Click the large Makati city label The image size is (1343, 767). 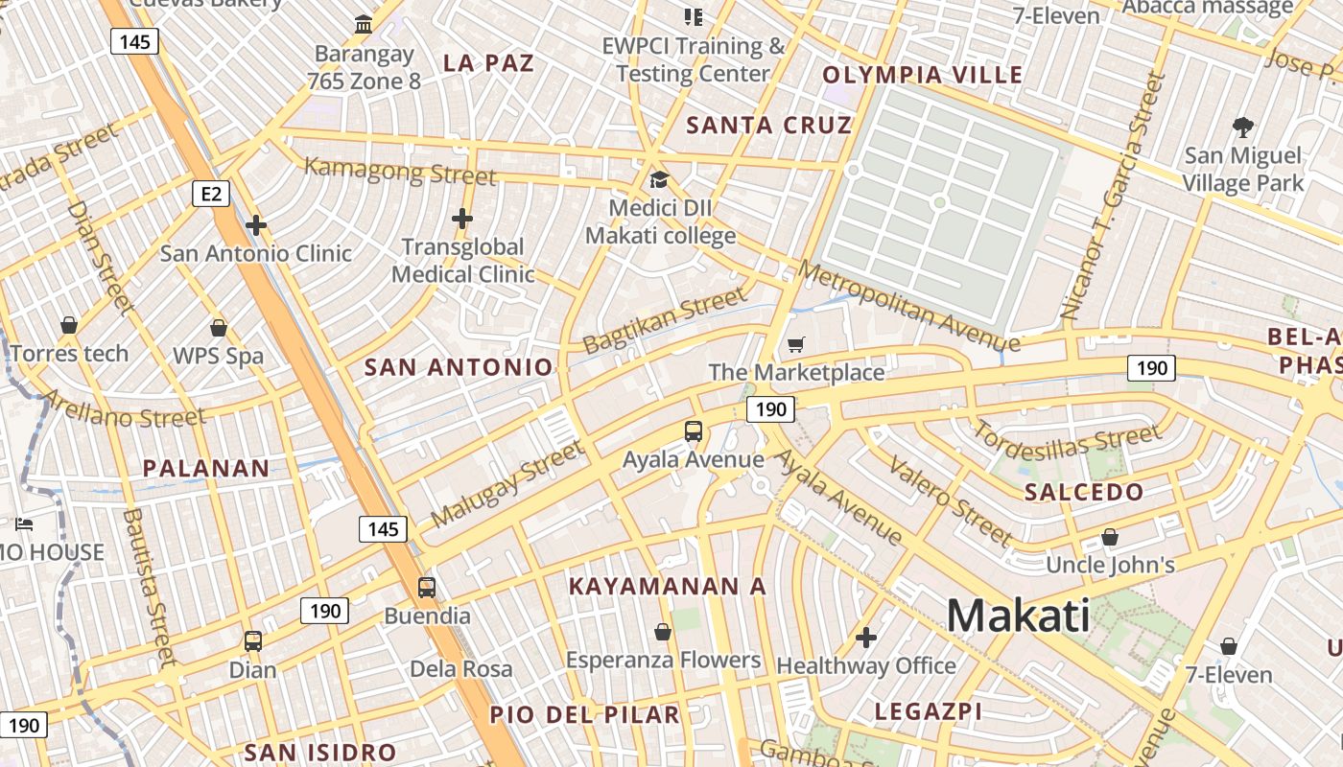[1018, 616]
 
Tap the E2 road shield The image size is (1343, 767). [211, 195]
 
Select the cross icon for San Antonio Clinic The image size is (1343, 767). [256, 226]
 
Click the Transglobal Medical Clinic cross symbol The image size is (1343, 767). [462, 219]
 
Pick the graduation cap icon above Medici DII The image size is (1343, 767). [659, 179]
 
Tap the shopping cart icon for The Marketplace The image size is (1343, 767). [795, 344]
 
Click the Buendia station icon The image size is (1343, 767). [427, 587]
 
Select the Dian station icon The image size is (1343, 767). [253, 640]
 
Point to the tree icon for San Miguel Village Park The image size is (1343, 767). [1242, 127]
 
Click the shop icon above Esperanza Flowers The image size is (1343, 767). [662, 632]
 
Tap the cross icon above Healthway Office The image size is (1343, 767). [866, 637]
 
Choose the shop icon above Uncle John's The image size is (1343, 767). [1110, 537]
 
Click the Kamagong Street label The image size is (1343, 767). [400, 171]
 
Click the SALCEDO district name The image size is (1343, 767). [1084, 493]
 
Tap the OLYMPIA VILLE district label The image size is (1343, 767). [923, 75]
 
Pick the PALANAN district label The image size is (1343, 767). [206, 469]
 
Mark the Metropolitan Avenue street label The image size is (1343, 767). [908, 306]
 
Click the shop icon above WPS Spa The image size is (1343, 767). [219, 328]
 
